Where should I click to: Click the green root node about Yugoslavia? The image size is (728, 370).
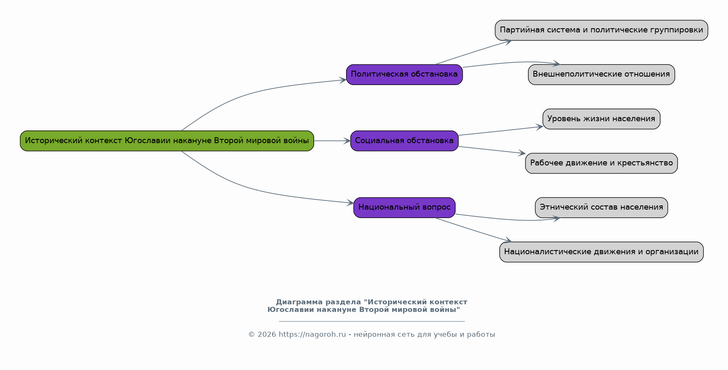coord(167,141)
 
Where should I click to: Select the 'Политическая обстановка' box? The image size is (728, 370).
coord(404,75)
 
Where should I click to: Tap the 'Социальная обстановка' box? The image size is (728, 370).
coord(404,141)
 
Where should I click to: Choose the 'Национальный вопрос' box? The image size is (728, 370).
coord(404,208)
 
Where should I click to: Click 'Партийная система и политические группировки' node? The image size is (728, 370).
coord(601,30)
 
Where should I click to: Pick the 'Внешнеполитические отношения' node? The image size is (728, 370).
coord(601,75)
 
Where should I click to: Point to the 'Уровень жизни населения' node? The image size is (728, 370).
coord(601,119)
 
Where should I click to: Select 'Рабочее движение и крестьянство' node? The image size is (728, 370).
coord(601,163)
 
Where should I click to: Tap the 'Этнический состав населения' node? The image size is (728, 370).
coord(601,208)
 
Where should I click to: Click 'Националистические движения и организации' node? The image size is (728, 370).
coord(601,252)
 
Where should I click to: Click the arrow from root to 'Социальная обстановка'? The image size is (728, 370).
coord(332,141)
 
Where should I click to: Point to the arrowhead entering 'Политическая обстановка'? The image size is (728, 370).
coord(343,80)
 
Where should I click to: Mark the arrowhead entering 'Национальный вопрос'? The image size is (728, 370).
coord(350,203)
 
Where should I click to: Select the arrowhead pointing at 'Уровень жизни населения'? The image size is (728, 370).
coord(539,126)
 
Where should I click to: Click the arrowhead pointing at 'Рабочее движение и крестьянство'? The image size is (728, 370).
coord(522,153)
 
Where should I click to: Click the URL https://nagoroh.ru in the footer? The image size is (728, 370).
coord(312,335)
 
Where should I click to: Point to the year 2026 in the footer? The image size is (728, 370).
coord(267,335)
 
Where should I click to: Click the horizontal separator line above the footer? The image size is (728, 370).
coord(372,321)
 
